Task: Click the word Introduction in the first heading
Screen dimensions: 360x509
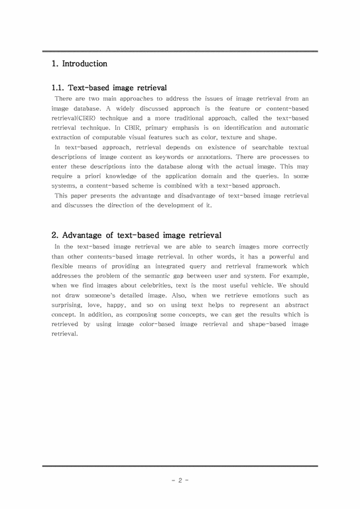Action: click(x=84, y=64)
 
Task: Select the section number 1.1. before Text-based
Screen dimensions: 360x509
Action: click(x=60, y=87)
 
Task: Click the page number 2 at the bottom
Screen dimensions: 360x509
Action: click(x=180, y=479)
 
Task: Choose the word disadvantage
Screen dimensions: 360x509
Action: click(x=192, y=196)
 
